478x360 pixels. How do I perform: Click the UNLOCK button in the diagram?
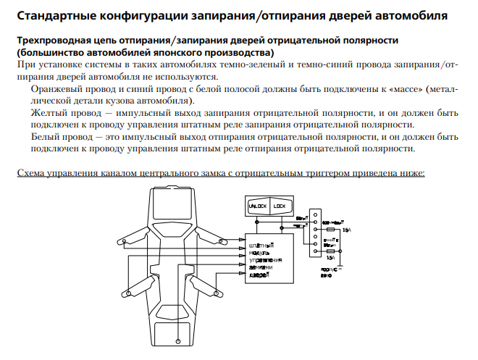click(x=259, y=206)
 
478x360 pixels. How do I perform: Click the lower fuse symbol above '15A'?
click(x=331, y=251)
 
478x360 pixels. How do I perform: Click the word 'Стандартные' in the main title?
click(x=53, y=14)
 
